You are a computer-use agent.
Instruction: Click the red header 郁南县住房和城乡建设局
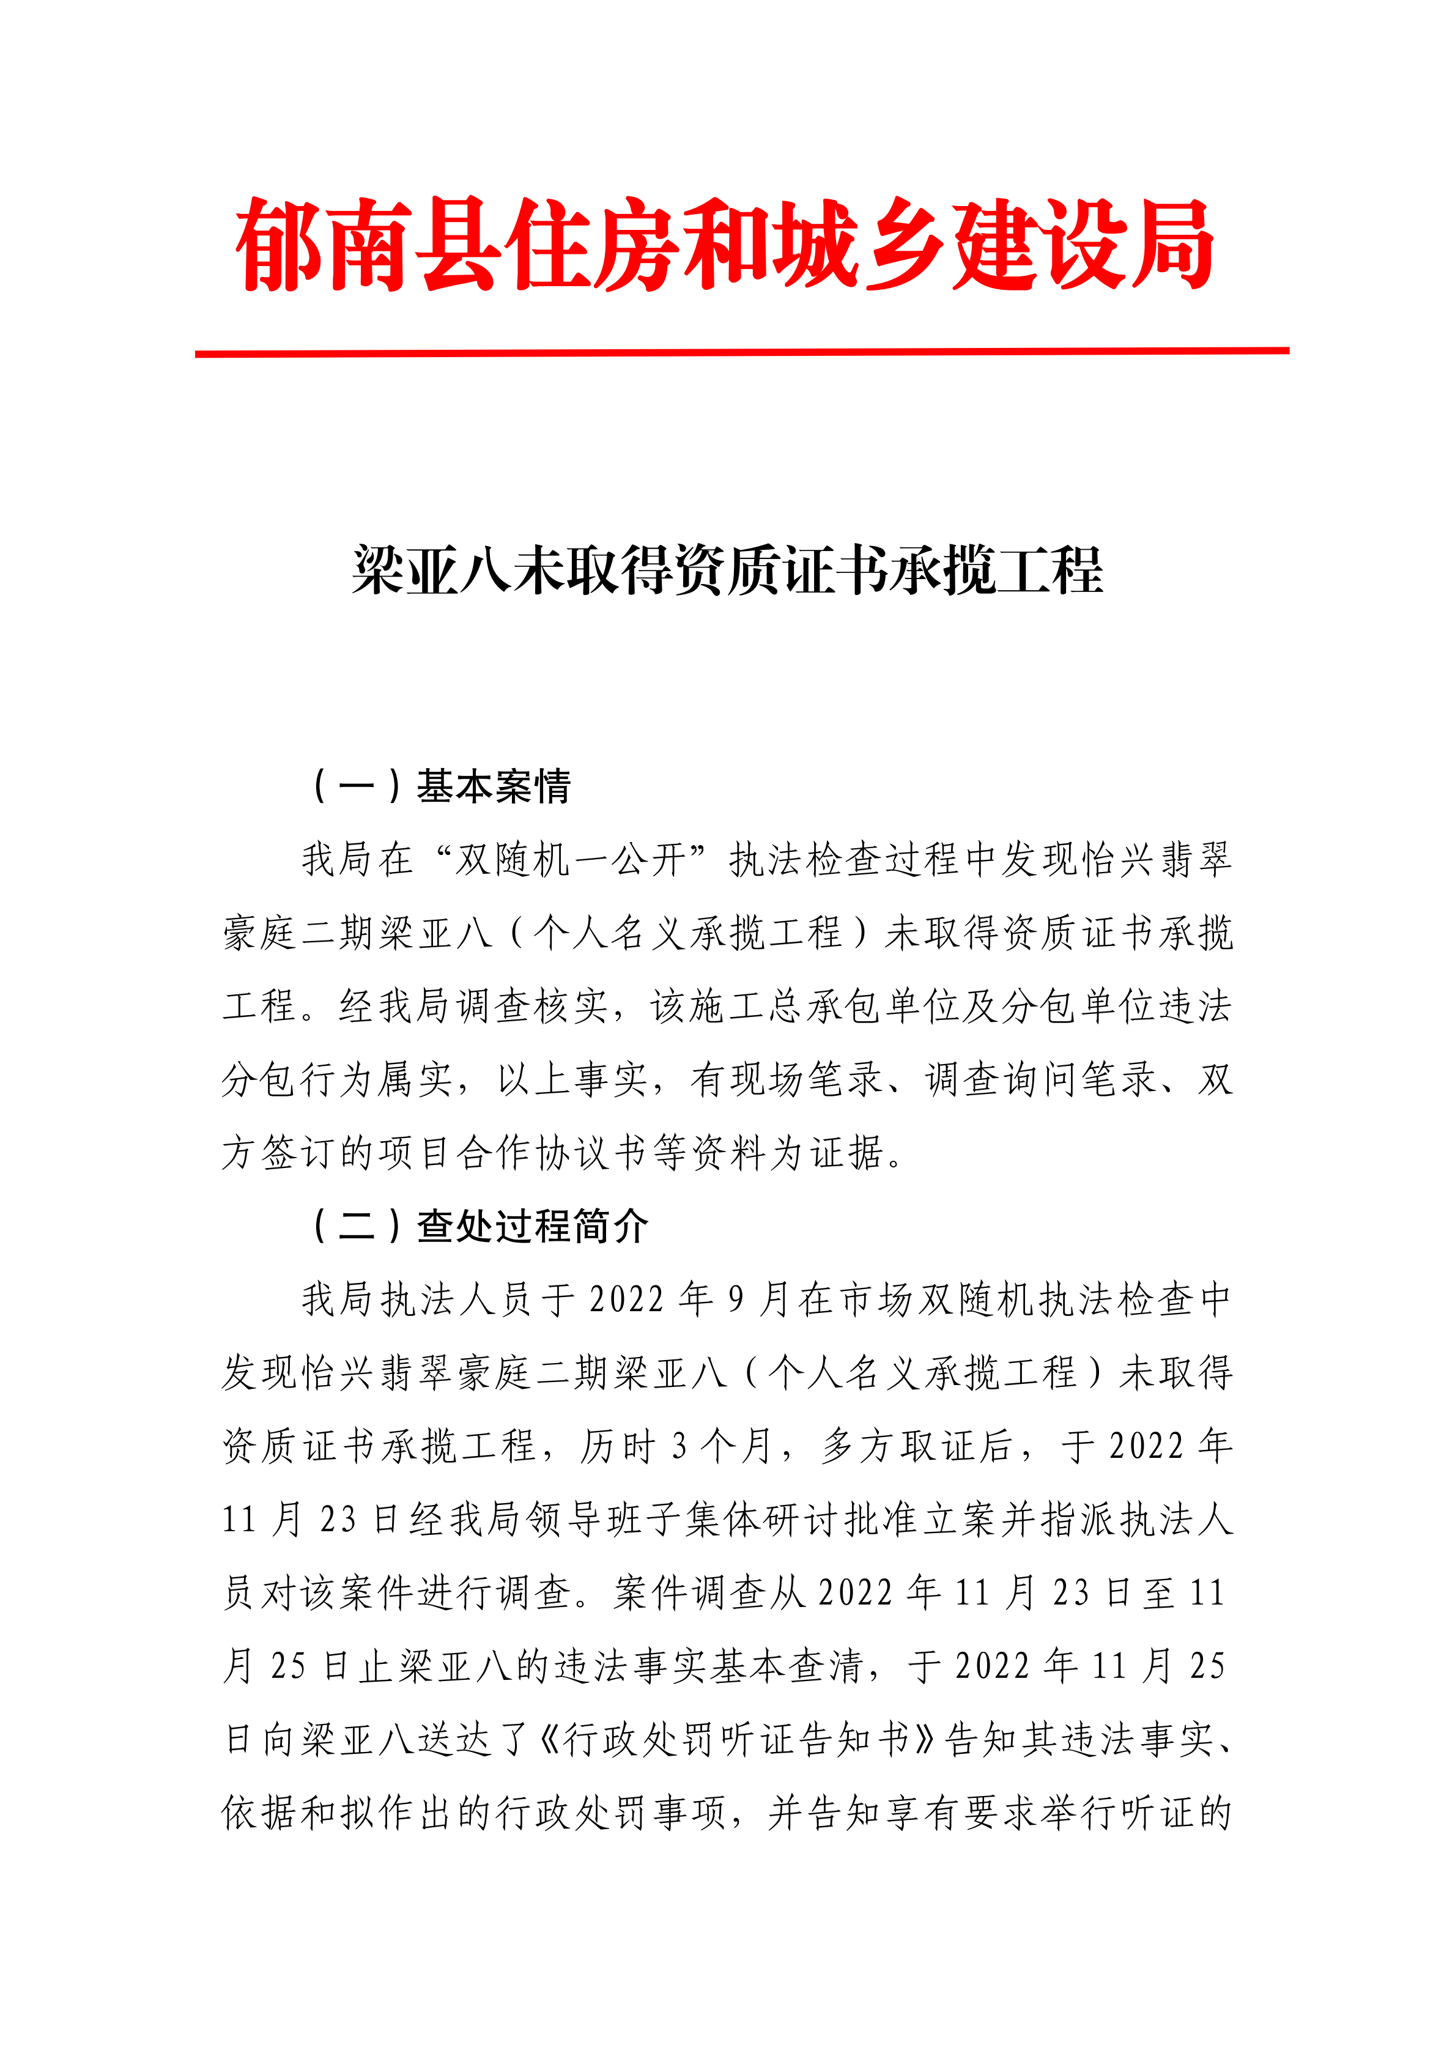coord(725,244)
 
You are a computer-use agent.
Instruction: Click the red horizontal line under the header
coord(741,352)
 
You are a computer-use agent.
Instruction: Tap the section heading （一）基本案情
coord(440,786)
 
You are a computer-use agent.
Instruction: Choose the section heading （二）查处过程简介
coord(478,1226)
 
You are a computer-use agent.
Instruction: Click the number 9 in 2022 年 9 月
coord(736,1299)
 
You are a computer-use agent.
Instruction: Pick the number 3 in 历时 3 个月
coord(679,1446)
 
